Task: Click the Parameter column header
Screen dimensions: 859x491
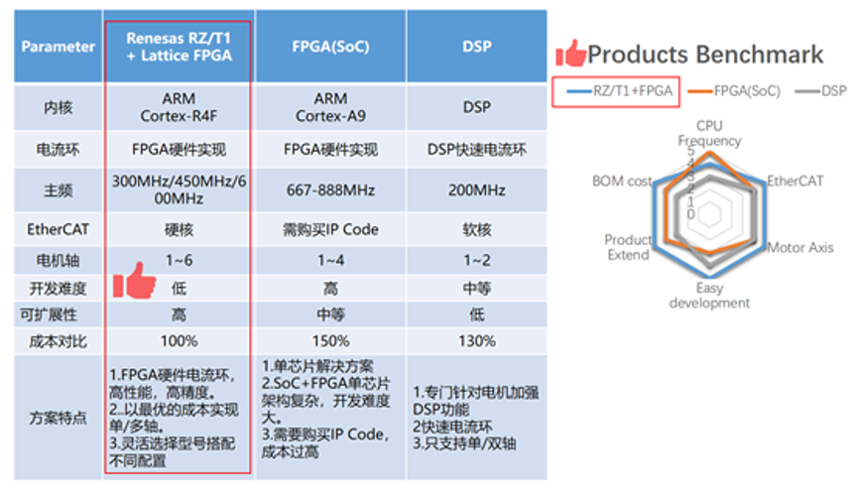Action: point(59,47)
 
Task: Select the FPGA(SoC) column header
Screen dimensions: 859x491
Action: point(330,47)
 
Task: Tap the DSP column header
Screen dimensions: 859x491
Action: point(476,47)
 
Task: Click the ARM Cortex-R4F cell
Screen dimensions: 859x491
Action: point(179,107)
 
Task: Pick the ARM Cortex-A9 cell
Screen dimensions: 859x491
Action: point(330,107)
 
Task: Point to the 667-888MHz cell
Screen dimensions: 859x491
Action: point(330,190)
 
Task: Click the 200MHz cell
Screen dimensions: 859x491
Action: point(476,190)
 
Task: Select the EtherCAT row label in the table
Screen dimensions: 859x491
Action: point(59,229)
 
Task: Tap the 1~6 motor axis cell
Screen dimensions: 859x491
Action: point(180,260)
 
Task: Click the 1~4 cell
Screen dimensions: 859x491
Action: point(331,260)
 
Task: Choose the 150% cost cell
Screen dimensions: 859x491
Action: point(331,341)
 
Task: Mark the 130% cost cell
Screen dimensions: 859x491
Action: point(476,341)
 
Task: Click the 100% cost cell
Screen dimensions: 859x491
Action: point(180,341)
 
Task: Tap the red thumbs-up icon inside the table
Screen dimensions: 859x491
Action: point(134,281)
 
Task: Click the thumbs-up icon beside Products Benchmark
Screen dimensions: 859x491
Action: point(570,54)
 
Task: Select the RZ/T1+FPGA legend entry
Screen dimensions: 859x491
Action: point(619,91)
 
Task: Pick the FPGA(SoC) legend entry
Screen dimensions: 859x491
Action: point(734,91)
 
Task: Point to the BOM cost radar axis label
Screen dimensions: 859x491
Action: point(622,181)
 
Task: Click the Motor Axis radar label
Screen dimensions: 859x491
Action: point(799,248)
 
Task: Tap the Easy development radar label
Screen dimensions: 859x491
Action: point(709,296)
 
